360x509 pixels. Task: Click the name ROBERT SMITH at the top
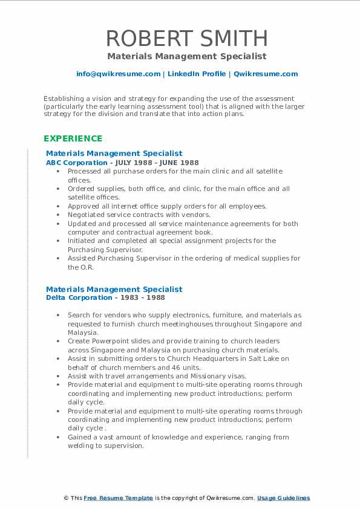(x=187, y=39)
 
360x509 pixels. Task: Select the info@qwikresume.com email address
(x=118, y=74)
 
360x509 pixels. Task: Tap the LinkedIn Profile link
(x=195, y=74)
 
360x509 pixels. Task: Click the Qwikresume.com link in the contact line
(x=266, y=74)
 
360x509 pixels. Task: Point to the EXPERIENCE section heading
(x=73, y=138)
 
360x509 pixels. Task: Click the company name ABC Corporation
(x=76, y=163)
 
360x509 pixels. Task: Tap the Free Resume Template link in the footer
(x=118, y=498)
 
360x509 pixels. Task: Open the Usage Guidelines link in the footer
(x=283, y=498)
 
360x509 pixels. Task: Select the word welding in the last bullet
(x=82, y=446)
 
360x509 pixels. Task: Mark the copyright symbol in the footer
(x=66, y=498)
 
